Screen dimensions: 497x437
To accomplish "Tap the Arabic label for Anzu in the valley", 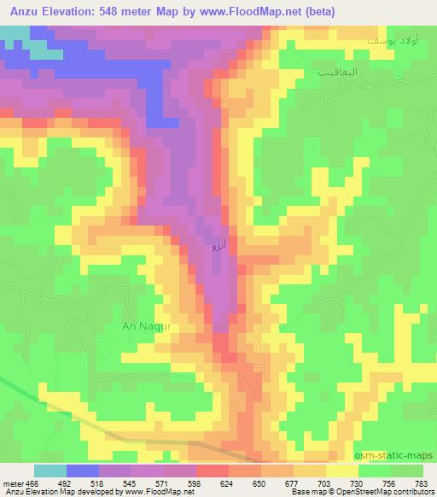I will pos(218,247).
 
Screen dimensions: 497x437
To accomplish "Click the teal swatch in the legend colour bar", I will pos(50,471).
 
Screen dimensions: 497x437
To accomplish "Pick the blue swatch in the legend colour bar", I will pos(81,471).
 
